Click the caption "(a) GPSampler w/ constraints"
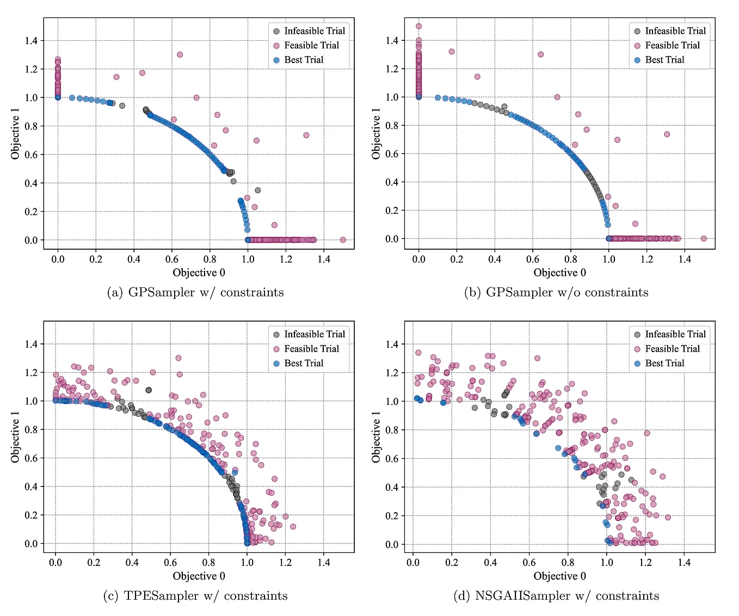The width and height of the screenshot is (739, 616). [195, 293]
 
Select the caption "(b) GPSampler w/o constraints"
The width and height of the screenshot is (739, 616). [556, 293]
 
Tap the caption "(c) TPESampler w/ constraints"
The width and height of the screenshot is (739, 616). [195, 596]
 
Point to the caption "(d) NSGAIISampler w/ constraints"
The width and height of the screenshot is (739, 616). [556, 596]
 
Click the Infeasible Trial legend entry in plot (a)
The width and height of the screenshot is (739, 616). [309, 31]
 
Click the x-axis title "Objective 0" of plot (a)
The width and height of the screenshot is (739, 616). [199, 273]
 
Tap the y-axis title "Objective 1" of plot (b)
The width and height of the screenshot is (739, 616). [376, 134]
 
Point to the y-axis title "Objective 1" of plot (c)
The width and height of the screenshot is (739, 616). [15, 437]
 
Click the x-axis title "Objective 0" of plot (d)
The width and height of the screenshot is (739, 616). [559, 576]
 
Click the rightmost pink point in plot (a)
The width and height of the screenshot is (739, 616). [343, 240]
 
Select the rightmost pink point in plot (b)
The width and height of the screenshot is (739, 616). [704, 238]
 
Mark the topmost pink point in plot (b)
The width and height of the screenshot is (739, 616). [418, 26]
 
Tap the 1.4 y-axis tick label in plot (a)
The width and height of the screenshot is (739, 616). [31, 41]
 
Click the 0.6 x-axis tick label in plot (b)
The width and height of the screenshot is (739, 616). [533, 260]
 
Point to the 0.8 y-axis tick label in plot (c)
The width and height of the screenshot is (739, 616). [31, 430]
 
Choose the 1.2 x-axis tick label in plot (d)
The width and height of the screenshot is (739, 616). [645, 563]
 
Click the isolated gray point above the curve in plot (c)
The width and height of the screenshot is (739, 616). [149, 390]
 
